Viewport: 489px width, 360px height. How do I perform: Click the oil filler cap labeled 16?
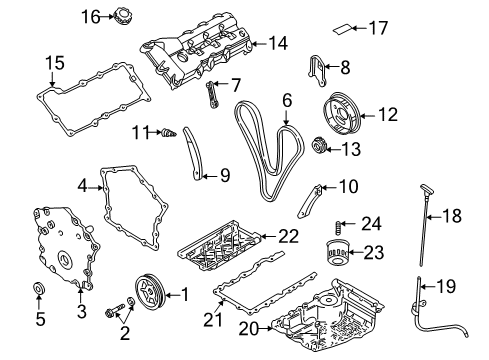click(123, 17)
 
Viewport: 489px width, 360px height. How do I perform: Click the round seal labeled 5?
click(40, 291)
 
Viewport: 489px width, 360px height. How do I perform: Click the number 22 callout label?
click(289, 236)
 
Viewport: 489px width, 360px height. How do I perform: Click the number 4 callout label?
click(84, 184)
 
